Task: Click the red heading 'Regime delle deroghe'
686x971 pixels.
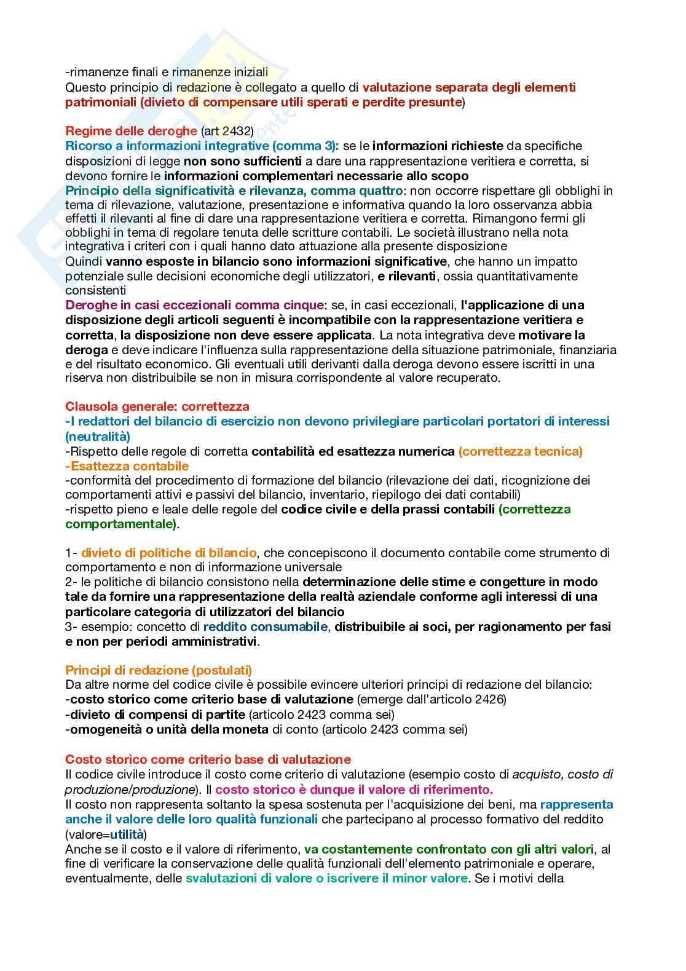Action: (x=131, y=131)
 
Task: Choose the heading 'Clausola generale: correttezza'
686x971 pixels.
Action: (x=157, y=406)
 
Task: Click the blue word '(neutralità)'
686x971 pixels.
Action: (x=98, y=437)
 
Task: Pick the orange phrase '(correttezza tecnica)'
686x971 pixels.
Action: (x=520, y=451)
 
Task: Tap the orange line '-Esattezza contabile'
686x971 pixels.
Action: (x=127, y=466)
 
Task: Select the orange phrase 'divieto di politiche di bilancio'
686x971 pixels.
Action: (x=168, y=552)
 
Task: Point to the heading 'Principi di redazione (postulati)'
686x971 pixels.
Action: (x=159, y=670)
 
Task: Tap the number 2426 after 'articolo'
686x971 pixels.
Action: (x=489, y=699)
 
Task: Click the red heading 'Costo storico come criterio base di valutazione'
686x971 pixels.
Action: (x=208, y=759)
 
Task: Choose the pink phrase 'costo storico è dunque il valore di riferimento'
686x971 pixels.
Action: (x=353, y=790)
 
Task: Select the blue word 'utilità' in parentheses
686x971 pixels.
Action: (x=127, y=834)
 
